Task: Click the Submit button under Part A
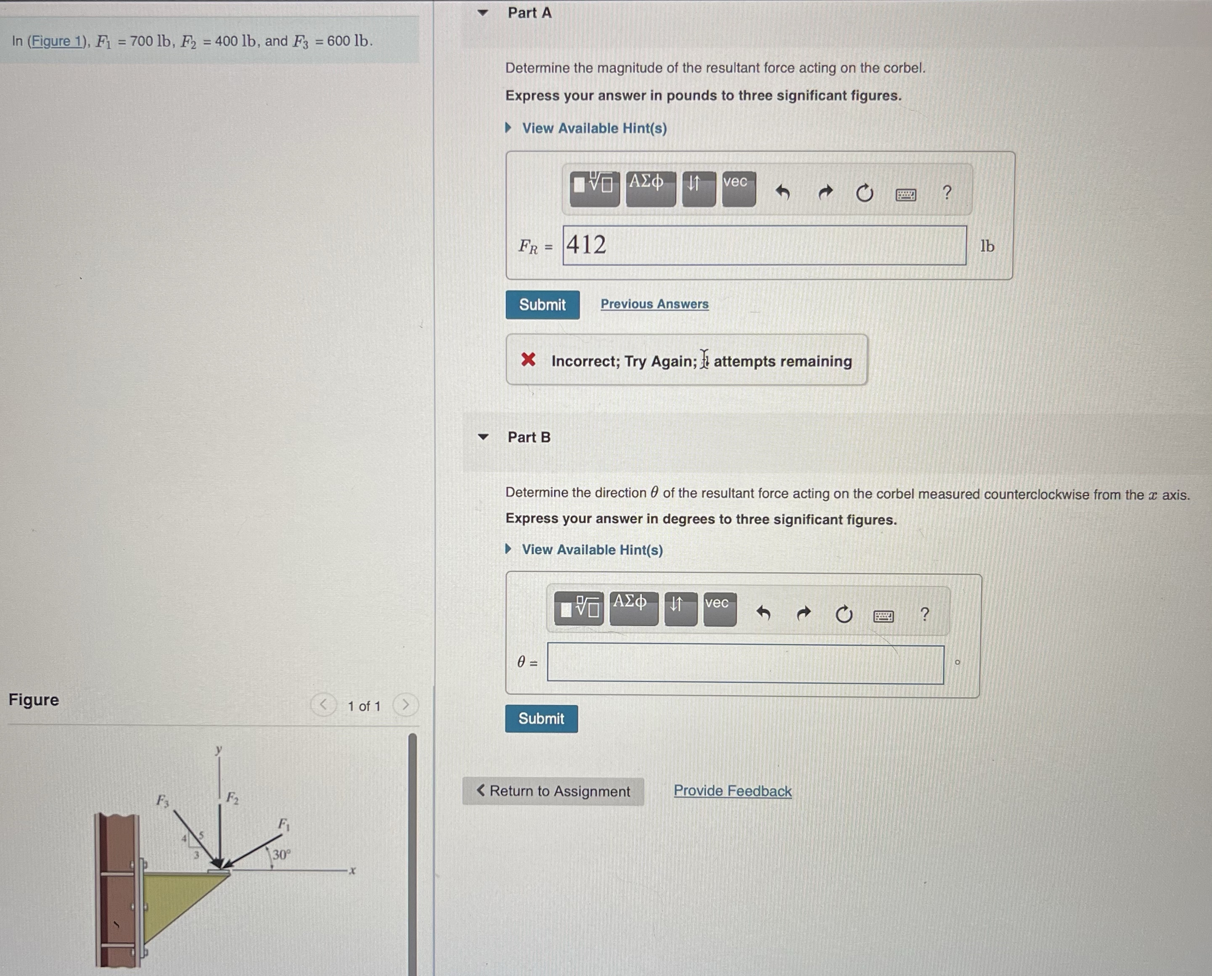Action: [x=542, y=305]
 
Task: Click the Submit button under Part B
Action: [x=541, y=719]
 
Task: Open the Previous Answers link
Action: [x=654, y=304]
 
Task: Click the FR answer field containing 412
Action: [x=765, y=245]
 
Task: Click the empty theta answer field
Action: [x=746, y=664]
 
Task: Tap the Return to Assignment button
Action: [x=553, y=791]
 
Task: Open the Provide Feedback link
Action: [x=733, y=791]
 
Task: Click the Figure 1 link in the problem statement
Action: [x=57, y=41]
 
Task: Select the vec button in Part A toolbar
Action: [x=738, y=189]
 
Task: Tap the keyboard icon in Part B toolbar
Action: [x=884, y=616]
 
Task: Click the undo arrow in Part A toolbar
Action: [x=783, y=193]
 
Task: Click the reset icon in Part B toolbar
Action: [x=844, y=614]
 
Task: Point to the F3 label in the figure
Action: [x=162, y=800]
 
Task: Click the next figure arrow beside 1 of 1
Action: [x=405, y=705]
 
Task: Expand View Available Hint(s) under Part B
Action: [x=592, y=550]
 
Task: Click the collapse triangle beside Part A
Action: [x=483, y=12]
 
